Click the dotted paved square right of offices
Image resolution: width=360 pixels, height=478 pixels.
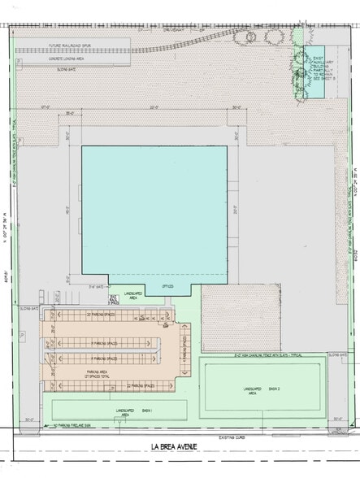tap(232, 316)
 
